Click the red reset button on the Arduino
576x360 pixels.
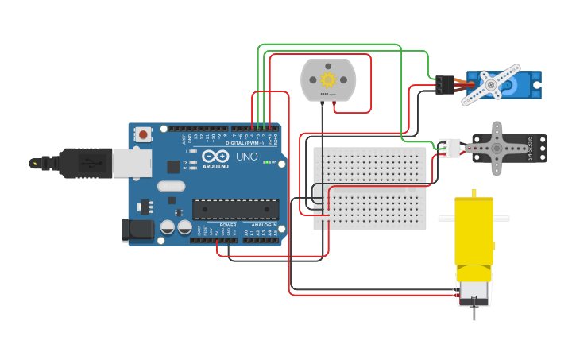(x=143, y=135)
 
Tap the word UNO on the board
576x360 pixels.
(x=246, y=157)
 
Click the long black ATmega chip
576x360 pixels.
(x=236, y=209)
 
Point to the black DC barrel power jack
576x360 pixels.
(x=137, y=230)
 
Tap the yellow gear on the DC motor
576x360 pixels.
(x=328, y=79)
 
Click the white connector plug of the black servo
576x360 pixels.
(x=450, y=148)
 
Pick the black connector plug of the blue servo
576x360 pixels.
(x=445, y=85)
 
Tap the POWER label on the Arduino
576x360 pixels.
(x=228, y=225)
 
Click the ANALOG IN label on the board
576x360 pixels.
(x=264, y=225)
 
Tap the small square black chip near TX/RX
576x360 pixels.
(x=173, y=166)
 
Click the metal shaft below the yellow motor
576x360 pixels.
(x=474, y=312)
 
